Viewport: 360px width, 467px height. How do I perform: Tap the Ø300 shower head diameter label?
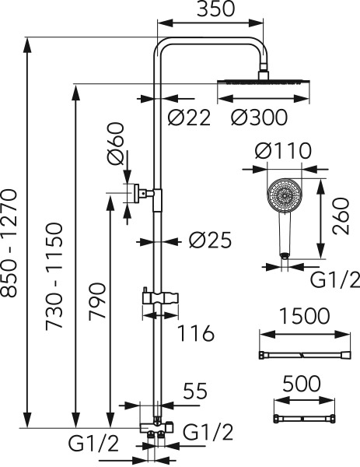click(x=259, y=117)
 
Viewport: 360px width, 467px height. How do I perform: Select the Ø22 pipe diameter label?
click(x=189, y=117)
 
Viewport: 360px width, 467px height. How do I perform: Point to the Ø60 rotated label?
click(x=116, y=143)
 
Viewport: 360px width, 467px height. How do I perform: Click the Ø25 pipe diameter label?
click(x=210, y=240)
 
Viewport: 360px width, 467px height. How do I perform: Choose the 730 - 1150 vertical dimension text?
click(x=54, y=276)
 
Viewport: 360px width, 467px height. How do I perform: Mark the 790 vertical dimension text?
click(x=97, y=301)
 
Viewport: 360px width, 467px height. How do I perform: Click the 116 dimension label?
click(x=196, y=332)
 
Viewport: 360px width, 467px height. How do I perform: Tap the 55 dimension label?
click(x=195, y=391)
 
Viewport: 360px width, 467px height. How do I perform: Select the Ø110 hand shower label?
click(x=283, y=151)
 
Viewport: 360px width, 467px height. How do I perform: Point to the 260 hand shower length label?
click(x=341, y=216)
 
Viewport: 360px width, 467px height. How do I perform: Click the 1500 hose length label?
click(x=305, y=316)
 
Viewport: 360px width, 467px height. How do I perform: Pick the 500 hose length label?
click(x=302, y=384)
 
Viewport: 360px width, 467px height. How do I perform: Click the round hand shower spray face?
click(x=285, y=195)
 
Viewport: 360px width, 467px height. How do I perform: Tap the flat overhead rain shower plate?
click(x=264, y=83)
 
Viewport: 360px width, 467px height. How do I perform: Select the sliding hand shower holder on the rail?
click(x=161, y=298)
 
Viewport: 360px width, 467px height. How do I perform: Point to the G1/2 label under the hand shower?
click(x=335, y=279)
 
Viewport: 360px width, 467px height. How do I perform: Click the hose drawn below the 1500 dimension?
click(x=305, y=355)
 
